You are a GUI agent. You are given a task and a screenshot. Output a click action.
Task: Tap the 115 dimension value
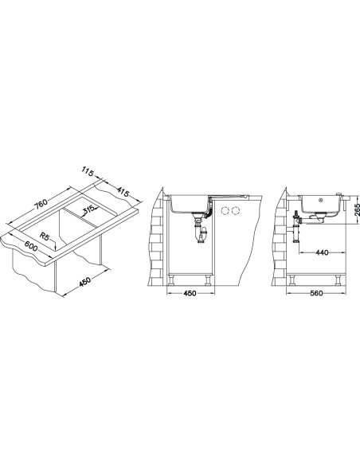coord(88,172)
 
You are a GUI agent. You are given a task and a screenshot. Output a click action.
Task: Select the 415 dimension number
coord(123,192)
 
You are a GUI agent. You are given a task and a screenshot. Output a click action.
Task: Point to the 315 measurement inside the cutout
coord(88,209)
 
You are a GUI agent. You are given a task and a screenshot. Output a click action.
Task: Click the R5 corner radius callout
coord(45,236)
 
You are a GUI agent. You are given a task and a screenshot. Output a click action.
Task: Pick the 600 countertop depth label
coord(31,246)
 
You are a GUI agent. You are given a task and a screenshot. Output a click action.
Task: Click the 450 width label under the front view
coord(190,293)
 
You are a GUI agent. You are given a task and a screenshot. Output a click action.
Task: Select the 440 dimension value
coord(322,252)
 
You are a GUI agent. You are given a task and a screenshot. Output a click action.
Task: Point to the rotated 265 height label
coord(357,209)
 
